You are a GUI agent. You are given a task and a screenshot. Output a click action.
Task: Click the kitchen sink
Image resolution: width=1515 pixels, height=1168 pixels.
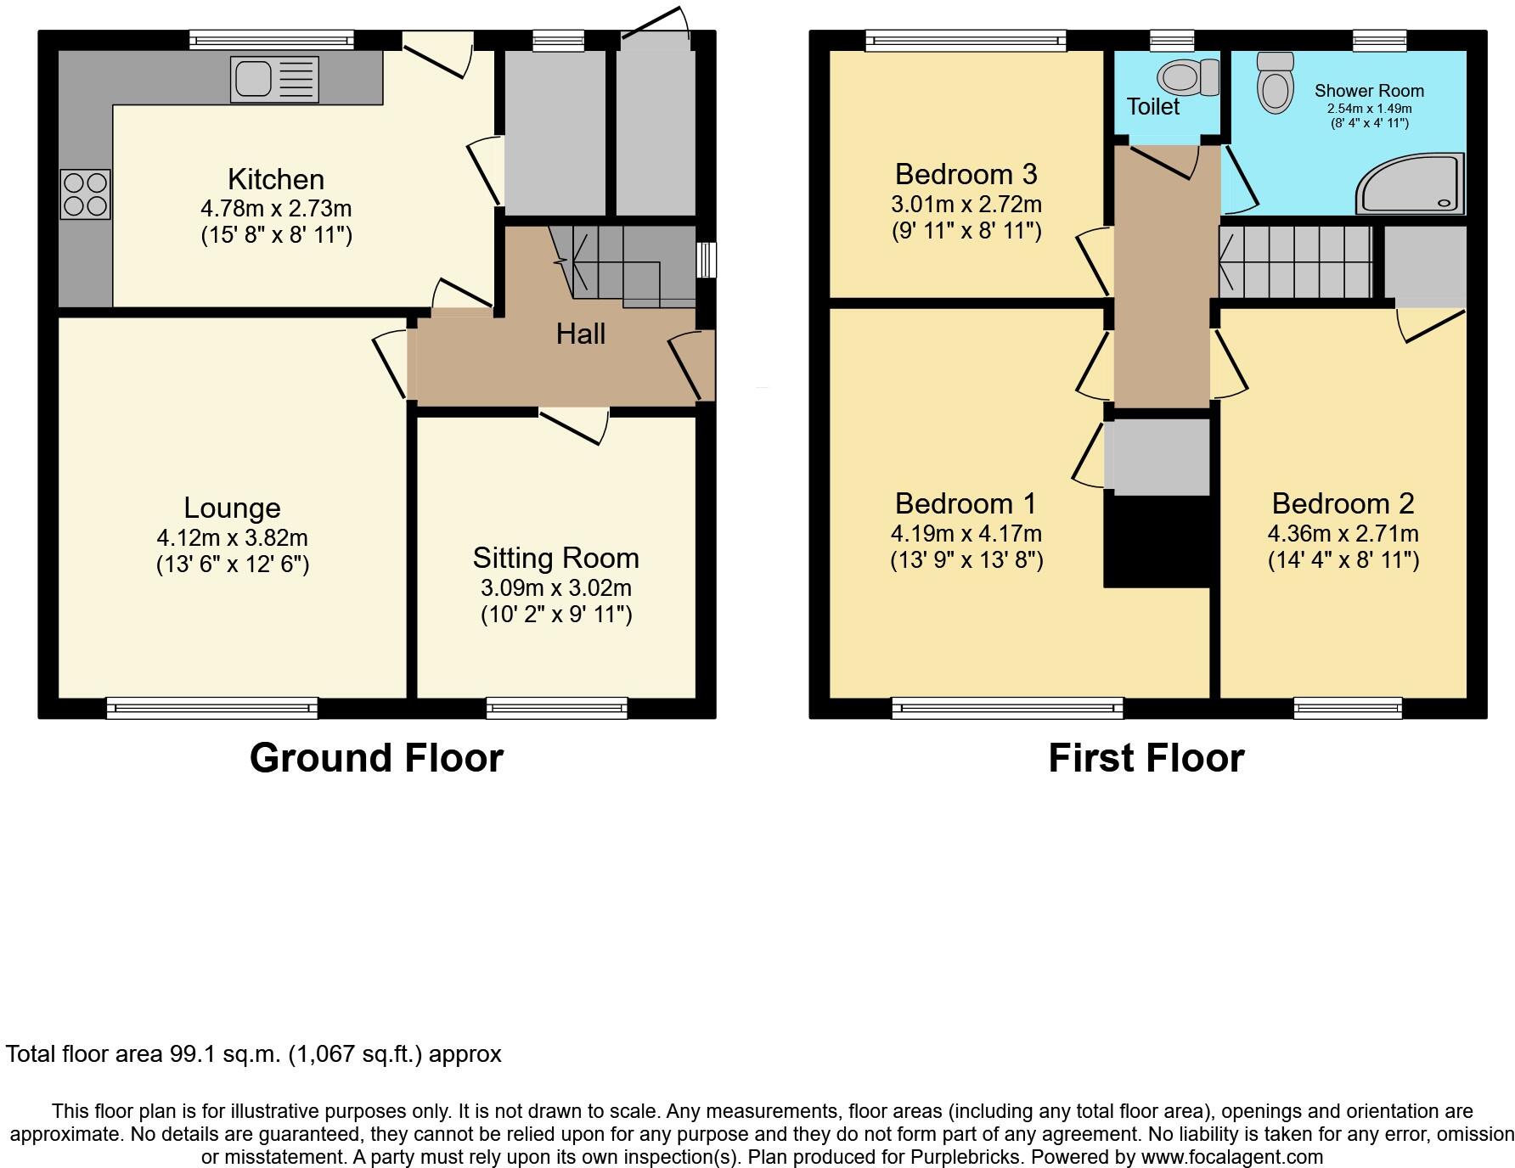click(x=274, y=80)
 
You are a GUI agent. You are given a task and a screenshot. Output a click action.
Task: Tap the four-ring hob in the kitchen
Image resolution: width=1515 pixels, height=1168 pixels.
click(x=85, y=194)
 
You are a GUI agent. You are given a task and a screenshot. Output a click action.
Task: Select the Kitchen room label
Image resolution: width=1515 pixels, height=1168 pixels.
click(x=276, y=179)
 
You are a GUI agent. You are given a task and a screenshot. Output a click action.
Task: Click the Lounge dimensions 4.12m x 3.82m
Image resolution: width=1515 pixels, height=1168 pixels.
click(x=232, y=537)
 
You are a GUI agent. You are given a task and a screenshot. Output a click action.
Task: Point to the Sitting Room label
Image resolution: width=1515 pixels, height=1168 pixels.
click(x=555, y=558)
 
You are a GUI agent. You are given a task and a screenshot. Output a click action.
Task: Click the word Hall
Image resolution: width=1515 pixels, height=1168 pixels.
click(x=581, y=334)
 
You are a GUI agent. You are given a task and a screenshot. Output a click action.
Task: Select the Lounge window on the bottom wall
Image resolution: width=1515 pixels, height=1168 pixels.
click(x=211, y=708)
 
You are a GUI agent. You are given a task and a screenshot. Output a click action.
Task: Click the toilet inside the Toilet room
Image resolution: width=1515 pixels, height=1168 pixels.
click(x=1189, y=77)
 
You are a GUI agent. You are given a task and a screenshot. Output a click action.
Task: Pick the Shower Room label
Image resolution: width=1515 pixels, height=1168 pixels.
click(x=1369, y=91)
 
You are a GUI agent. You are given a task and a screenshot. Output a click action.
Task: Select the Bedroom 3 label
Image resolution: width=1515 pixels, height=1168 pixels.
click(x=966, y=174)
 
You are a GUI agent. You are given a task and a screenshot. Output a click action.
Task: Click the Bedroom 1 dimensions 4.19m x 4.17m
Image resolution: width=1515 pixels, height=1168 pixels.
click(x=966, y=533)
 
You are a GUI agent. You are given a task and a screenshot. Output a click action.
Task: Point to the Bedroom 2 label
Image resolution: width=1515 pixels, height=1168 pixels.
click(x=1343, y=503)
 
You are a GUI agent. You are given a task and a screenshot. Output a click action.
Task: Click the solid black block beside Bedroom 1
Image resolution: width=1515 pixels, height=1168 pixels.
click(x=1157, y=542)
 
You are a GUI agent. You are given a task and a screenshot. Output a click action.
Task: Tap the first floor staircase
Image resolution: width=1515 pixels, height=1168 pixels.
click(x=1295, y=261)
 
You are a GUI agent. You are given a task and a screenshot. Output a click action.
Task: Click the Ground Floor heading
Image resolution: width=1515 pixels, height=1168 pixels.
click(x=376, y=757)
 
